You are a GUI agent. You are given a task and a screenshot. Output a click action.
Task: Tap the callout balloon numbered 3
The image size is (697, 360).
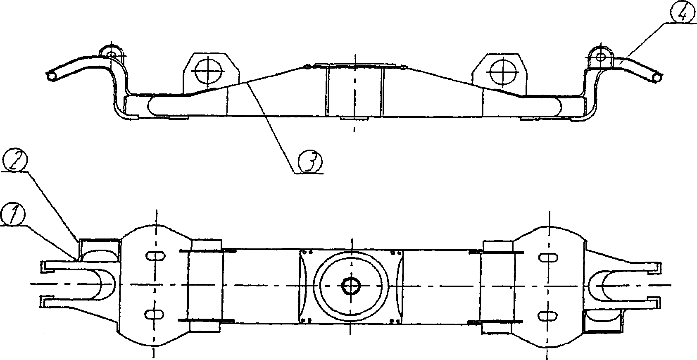(x=310, y=161)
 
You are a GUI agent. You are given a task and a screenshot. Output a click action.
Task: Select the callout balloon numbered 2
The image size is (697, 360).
(x=14, y=159)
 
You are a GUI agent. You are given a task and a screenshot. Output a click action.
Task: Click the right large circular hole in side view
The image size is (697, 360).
(x=504, y=71)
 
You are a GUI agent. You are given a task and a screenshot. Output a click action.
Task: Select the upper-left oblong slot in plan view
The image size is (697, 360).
(x=155, y=256)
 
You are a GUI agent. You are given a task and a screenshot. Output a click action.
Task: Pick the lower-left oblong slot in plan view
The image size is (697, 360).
(x=155, y=314)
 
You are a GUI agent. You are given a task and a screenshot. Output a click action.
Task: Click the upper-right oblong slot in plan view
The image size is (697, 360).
(x=548, y=257)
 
